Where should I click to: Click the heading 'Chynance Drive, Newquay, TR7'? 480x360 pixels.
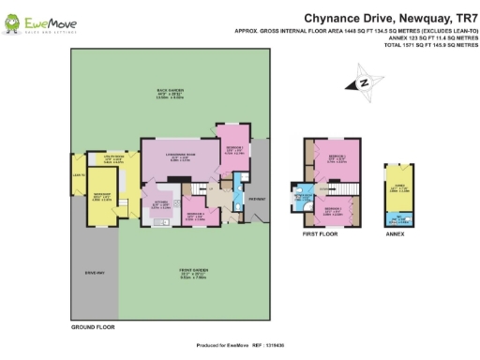tap(392, 17)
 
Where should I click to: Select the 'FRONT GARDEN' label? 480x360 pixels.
tap(194, 272)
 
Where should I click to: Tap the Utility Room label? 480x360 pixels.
tap(112, 159)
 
